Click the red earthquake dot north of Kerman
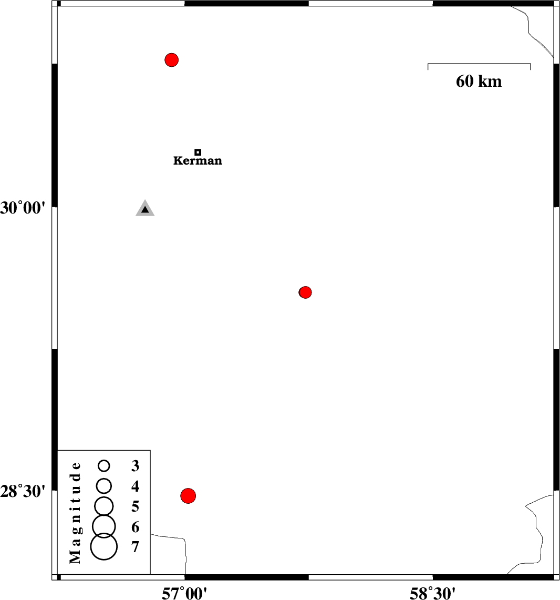point(172,60)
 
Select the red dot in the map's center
point(305,292)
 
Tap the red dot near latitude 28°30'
point(188,496)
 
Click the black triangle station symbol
point(145,209)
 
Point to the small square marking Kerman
point(198,152)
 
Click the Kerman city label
point(198,160)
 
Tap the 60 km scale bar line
point(479,64)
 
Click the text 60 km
point(479,81)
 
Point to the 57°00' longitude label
point(184,593)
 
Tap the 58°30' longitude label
point(433,593)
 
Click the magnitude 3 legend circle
point(104,466)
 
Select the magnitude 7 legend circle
point(104,547)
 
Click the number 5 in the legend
point(136,506)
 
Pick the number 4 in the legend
point(136,486)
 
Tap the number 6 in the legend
point(136,527)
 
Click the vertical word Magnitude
point(75,513)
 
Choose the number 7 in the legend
point(136,547)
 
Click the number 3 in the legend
point(136,466)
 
